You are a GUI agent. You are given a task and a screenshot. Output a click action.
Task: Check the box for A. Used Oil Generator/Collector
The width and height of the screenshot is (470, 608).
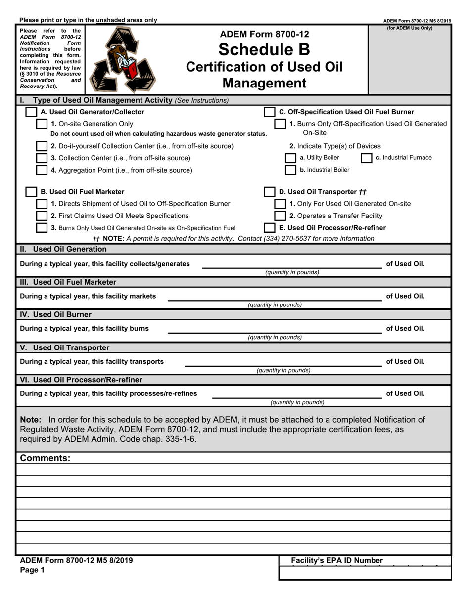31,112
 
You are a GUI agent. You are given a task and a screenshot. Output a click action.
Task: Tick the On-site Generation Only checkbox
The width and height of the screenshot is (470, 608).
42,124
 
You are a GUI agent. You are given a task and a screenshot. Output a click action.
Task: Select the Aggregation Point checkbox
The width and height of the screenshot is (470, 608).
42,170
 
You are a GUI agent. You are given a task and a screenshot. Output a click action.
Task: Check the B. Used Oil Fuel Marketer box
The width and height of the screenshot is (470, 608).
31,192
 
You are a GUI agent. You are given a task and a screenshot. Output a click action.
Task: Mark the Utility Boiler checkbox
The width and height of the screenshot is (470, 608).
291,158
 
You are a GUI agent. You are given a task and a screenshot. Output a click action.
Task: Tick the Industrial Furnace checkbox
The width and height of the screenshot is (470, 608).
367,158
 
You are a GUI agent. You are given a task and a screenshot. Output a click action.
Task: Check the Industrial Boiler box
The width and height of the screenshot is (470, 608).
291,170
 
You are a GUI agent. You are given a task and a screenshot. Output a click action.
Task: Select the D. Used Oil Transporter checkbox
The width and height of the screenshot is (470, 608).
270,192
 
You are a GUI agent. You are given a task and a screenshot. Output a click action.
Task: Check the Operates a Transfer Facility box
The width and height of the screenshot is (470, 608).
280,216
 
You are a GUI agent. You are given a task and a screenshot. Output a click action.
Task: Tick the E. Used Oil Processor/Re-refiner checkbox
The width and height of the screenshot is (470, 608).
270,228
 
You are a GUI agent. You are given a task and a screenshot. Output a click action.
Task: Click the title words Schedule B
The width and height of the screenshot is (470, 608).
264,49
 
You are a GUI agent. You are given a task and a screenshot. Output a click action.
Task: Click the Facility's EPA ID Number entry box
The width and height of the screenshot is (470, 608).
365,573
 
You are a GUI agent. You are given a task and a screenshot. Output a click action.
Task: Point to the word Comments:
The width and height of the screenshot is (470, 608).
45,458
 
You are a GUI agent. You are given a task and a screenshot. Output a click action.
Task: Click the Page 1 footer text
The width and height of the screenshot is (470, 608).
32,570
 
